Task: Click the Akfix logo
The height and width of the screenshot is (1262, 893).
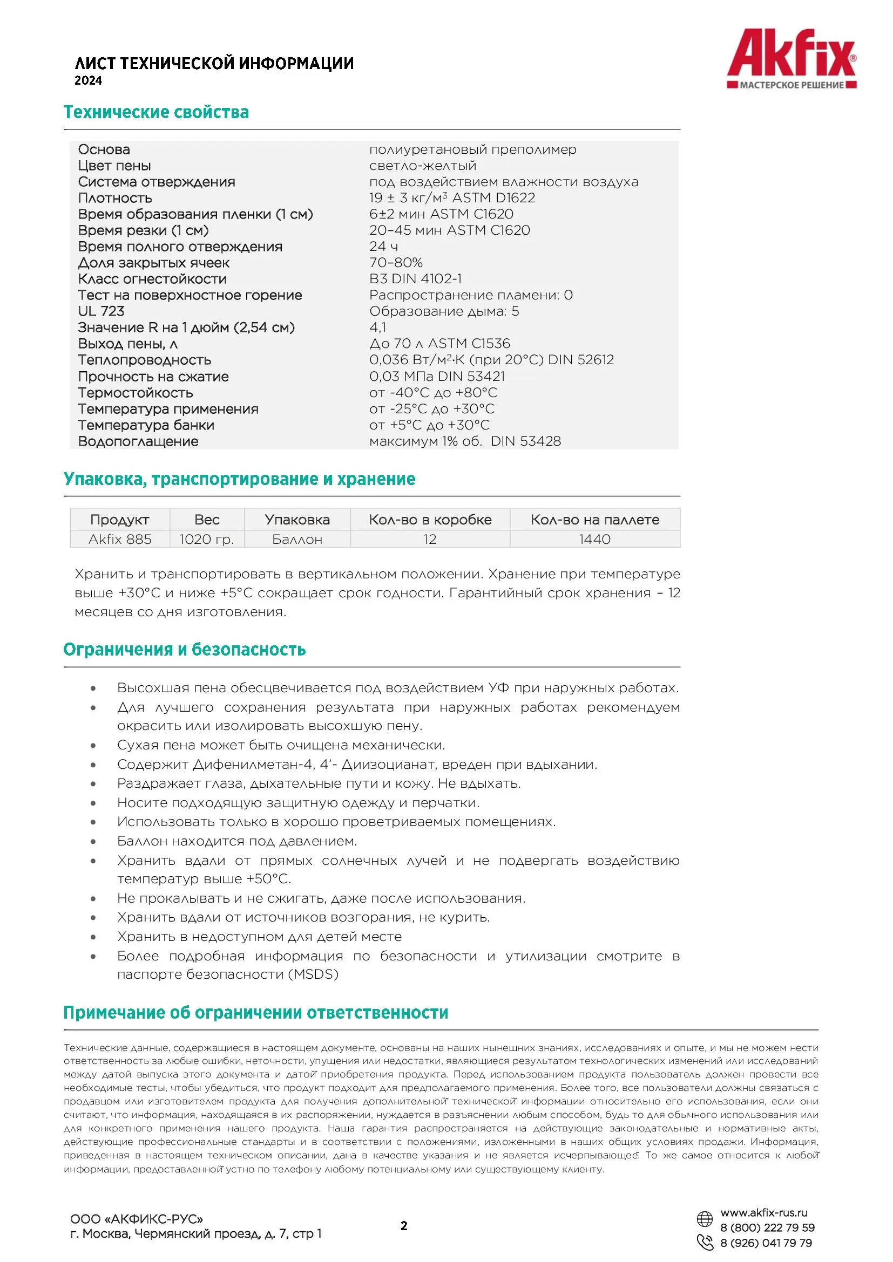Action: point(791,58)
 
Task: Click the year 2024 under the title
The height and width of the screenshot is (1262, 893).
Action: point(89,81)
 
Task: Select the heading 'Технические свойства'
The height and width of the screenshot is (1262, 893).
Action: point(156,112)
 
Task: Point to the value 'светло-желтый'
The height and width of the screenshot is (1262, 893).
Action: point(422,166)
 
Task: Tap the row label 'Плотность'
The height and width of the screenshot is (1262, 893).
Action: point(115,198)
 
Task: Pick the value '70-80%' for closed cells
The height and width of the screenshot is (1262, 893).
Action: point(396,263)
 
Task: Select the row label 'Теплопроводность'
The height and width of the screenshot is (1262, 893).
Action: point(145,360)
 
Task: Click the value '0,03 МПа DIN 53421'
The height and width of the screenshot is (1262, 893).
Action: point(437,377)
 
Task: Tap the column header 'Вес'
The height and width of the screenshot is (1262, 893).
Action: point(207,520)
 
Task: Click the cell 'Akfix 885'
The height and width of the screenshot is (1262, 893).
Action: point(120,539)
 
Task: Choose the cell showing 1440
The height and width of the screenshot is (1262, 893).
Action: point(594,539)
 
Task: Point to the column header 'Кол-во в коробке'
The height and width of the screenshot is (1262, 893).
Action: point(430,520)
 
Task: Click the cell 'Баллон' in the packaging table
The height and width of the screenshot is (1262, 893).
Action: point(297,539)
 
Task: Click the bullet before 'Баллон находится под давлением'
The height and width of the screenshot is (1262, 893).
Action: point(93,842)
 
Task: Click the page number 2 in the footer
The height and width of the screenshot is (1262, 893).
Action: point(404,1225)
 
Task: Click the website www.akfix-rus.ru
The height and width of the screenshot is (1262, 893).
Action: point(764,1212)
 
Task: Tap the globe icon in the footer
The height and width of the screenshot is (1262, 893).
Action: point(705,1219)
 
